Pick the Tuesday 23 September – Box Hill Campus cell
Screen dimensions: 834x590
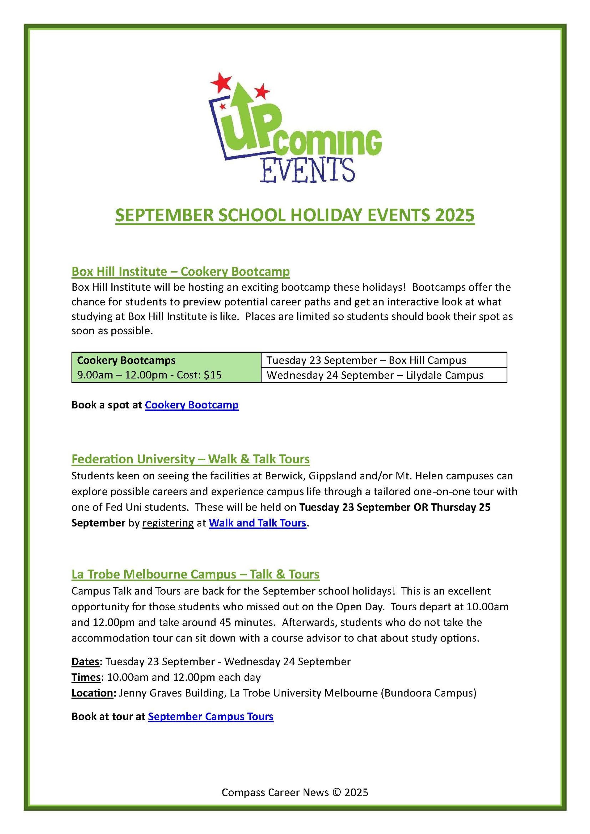click(366, 360)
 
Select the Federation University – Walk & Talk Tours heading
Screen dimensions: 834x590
click(190, 459)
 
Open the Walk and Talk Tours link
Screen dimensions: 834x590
click(257, 523)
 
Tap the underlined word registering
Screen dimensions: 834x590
click(168, 523)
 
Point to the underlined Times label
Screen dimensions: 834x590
click(86, 677)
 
